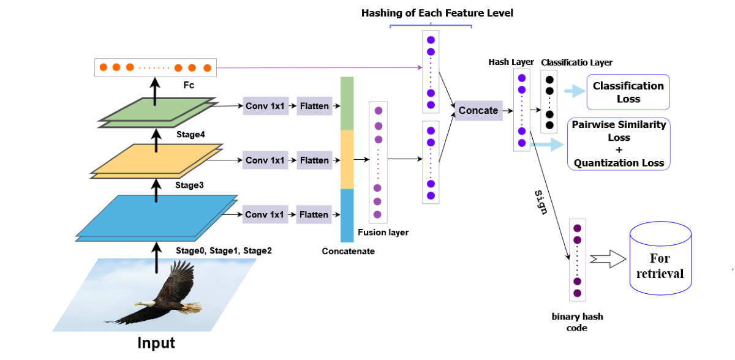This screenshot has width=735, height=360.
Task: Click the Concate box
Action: coord(478,110)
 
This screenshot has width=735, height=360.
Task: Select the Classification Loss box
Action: coord(628,92)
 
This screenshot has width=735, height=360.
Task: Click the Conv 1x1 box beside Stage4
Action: coord(265,106)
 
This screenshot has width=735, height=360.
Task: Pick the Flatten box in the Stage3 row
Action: coord(314,160)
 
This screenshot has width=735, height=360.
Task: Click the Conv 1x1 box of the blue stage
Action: coord(265,215)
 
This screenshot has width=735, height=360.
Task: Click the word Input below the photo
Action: coord(156,343)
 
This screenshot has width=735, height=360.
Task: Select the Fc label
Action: coord(188,85)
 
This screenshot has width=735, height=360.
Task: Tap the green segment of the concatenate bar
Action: coord(347,103)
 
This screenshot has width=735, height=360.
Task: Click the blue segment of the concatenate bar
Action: coord(347,216)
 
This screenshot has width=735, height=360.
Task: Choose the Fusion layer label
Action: coord(383,233)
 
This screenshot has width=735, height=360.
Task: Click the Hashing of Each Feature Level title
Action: coord(437,13)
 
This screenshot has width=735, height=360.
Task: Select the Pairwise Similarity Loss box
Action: coord(619,144)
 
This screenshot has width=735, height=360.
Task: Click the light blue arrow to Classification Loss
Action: coord(574,91)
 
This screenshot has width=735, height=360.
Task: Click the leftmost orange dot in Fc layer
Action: coord(104,67)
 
